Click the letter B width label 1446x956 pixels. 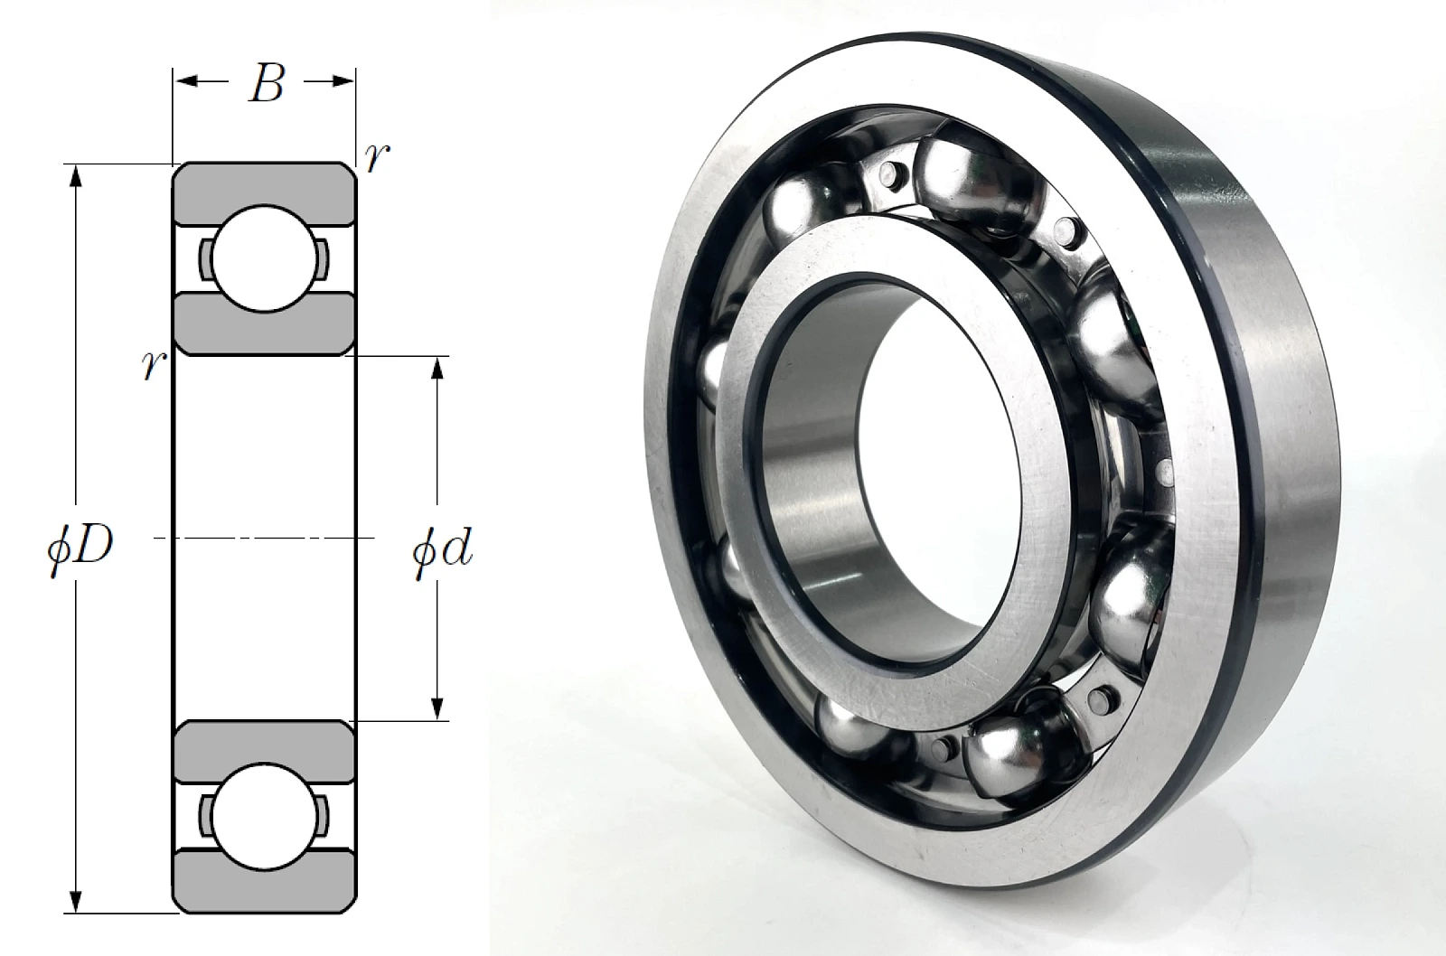point(266,84)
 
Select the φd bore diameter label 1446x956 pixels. point(443,553)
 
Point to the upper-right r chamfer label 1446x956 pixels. point(376,157)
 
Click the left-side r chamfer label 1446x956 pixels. point(155,365)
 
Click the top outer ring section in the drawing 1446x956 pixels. point(264,194)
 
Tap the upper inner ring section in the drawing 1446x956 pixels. point(264,324)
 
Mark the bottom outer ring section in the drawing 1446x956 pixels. point(264,882)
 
